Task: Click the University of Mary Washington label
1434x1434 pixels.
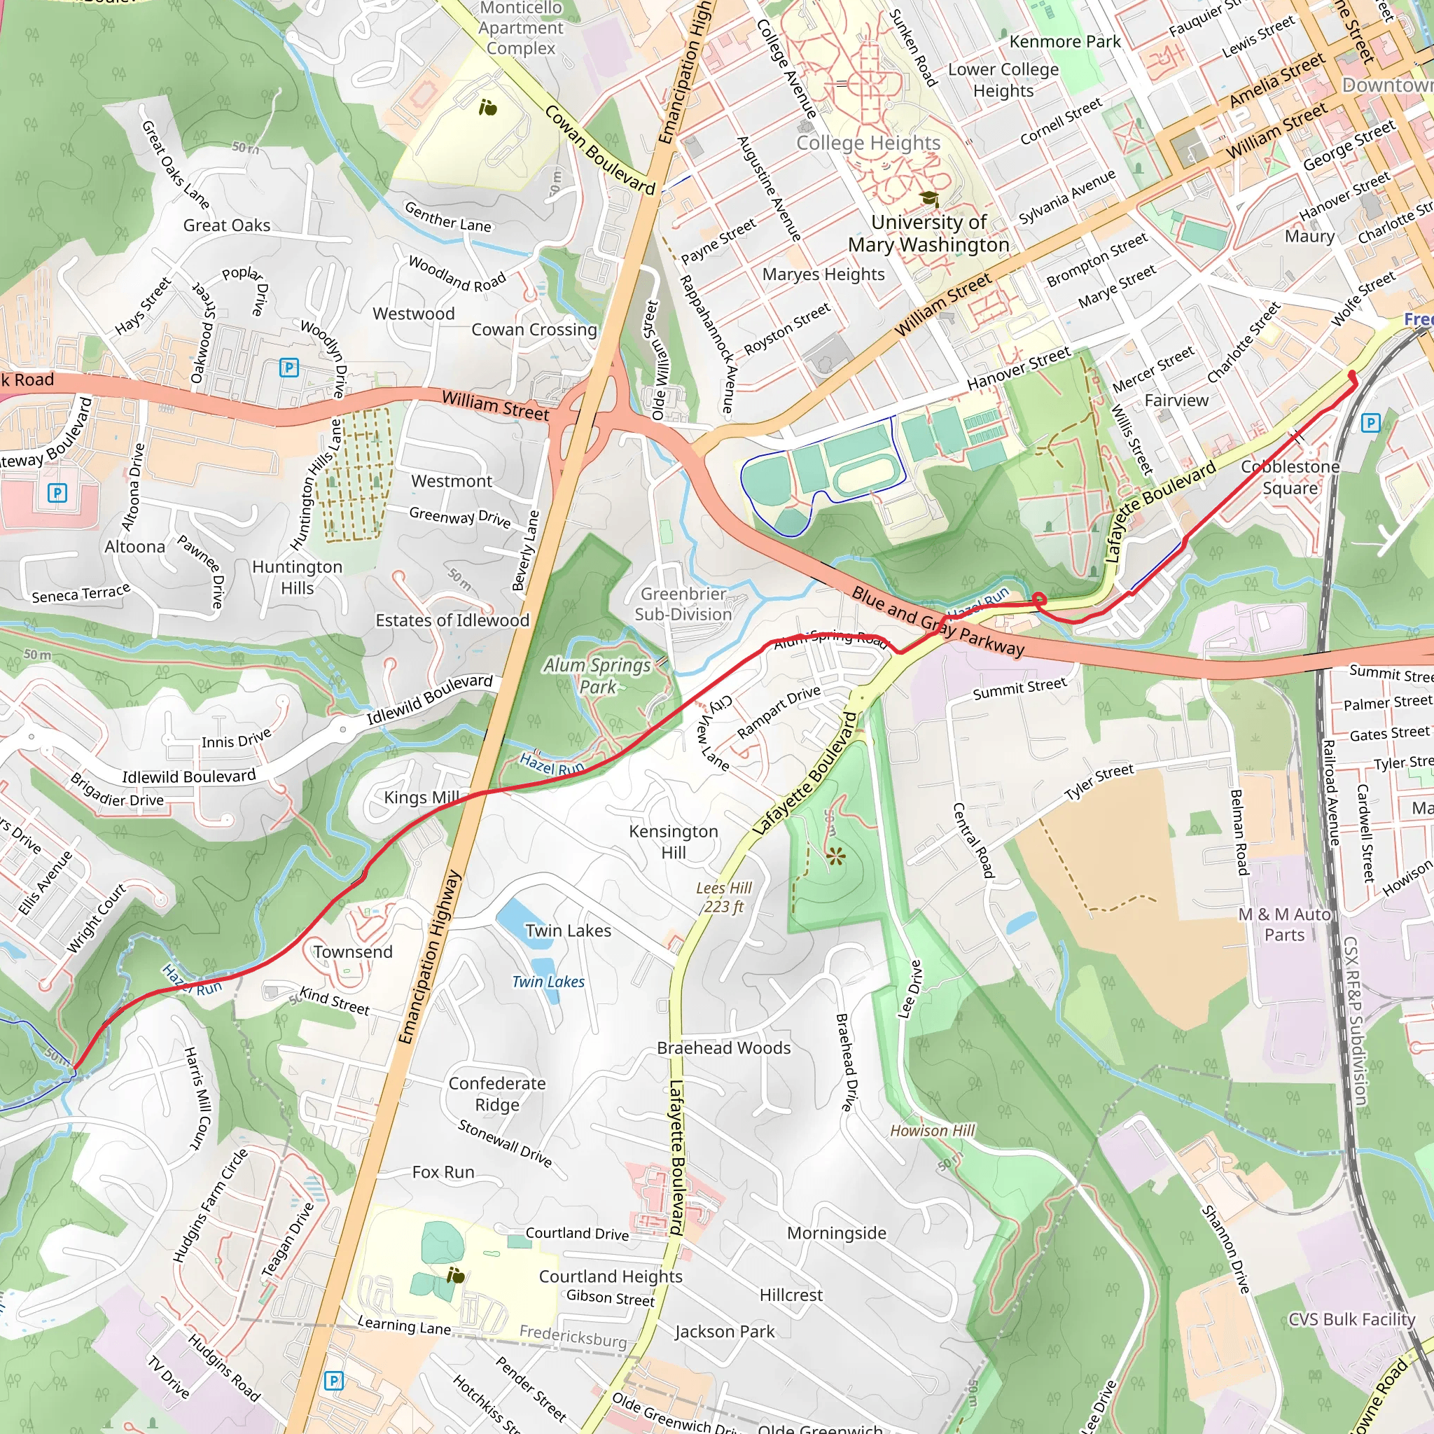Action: coord(928,233)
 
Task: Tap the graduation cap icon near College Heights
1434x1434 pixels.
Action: coord(929,199)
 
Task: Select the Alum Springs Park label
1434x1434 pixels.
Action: coord(597,676)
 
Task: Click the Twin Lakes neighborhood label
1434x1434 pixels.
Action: coord(568,931)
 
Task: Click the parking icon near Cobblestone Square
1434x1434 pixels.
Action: coord(1370,423)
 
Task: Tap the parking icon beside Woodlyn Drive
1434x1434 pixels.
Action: coord(288,368)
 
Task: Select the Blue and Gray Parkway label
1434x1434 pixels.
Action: coord(938,621)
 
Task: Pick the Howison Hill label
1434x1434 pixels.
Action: coord(932,1130)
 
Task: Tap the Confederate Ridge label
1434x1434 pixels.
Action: coord(496,1094)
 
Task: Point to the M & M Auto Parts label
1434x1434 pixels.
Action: coord(1284,925)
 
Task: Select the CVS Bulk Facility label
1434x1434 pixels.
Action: coord(1351,1320)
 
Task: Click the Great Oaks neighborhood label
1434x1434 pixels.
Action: coord(226,225)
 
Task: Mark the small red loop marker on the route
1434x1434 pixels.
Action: coord(1039,599)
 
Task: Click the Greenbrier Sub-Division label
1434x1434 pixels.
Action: coord(683,604)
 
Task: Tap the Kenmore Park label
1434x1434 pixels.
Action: coord(1064,42)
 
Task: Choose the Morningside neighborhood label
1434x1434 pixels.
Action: coord(837,1233)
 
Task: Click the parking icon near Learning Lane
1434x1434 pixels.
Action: coord(334,1381)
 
